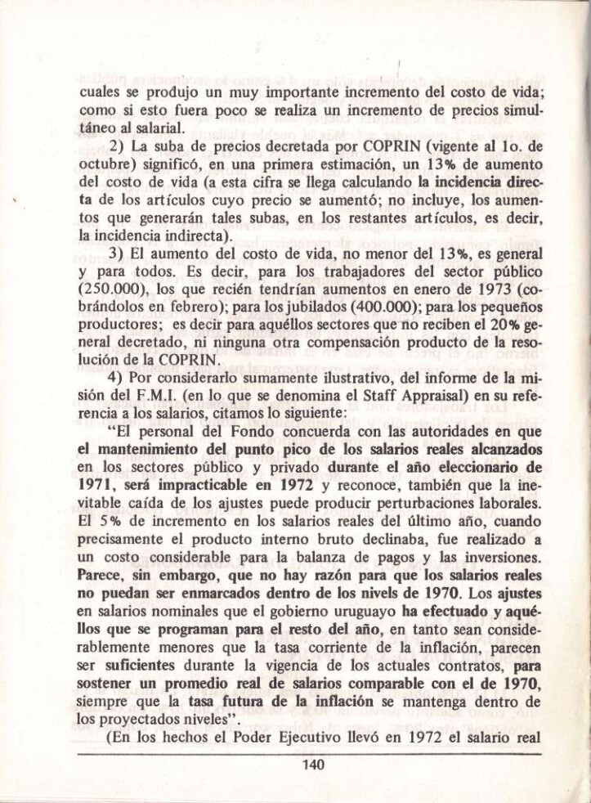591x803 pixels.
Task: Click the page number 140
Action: (x=313, y=765)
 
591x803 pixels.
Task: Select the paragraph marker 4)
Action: (x=118, y=379)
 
